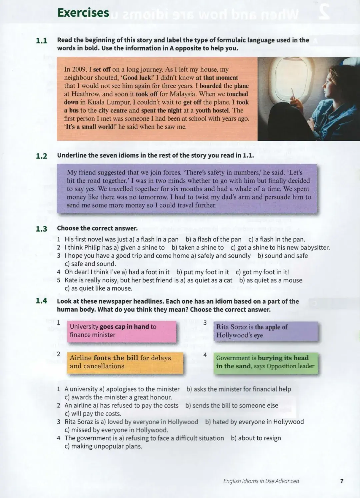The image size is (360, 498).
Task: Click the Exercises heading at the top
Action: (83, 13)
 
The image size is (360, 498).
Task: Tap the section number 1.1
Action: (41, 41)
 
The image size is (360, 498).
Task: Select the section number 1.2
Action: (41, 156)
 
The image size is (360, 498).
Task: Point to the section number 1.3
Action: (41, 229)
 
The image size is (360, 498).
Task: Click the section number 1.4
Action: (41, 301)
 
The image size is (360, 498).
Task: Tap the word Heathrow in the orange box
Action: (85, 94)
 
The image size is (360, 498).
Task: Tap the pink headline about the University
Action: (121, 331)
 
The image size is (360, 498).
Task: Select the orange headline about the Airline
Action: (125, 362)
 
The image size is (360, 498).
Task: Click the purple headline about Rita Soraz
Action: (265, 331)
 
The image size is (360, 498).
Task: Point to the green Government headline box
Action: (265, 362)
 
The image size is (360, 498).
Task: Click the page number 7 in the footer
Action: (342, 481)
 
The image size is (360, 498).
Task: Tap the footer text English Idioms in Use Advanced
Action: (261, 481)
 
